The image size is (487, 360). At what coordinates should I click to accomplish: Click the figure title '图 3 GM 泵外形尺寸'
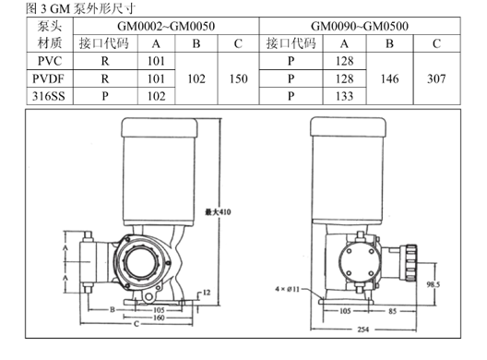(x=81, y=8)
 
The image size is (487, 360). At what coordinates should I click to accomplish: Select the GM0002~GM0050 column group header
(x=166, y=26)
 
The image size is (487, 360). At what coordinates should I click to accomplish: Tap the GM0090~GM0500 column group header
(x=360, y=26)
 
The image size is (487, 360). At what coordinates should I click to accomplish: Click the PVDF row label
(x=49, y=78)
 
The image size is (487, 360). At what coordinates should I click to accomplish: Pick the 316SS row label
(x=49, y=96)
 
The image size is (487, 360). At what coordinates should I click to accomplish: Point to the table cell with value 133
(x=344, y=96)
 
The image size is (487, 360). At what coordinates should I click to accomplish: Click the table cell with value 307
(x=436, y=78)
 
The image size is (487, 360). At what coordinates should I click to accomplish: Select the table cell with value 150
(x=238, y=78)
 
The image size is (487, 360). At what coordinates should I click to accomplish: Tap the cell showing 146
(x=389, y=78)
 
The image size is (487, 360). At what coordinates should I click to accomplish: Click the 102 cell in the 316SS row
(x=156, y=96)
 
